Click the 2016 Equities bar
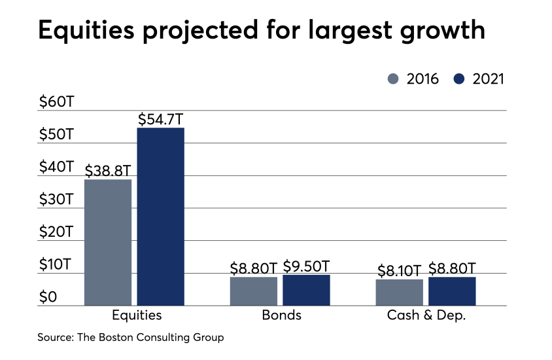[108, 242]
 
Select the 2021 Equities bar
[160, 216]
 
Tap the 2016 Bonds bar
[254, 291]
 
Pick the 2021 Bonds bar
[306, 290]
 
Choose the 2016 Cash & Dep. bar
[400, 292]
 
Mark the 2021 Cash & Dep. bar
[452, 291]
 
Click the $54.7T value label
[161, 119]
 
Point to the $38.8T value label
[108, 171]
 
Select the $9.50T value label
[306, 266]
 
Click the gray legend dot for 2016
[393, 79]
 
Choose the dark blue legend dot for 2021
[458, 79]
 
